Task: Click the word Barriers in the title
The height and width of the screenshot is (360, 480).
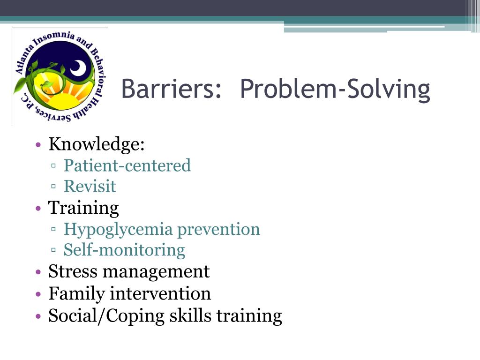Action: click(171, 89)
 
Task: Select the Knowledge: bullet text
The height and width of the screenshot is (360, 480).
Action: click(97, 144)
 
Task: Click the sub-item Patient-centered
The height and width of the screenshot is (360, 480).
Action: click(127, 165)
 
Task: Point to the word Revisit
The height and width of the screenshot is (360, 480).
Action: click(90, 187)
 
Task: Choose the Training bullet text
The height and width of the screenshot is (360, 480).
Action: click(83, 208)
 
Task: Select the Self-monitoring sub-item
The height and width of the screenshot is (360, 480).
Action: click(124, 250)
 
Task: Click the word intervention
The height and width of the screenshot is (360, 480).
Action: click(160, 294)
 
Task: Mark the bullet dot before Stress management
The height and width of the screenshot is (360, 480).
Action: click(38, 272)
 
